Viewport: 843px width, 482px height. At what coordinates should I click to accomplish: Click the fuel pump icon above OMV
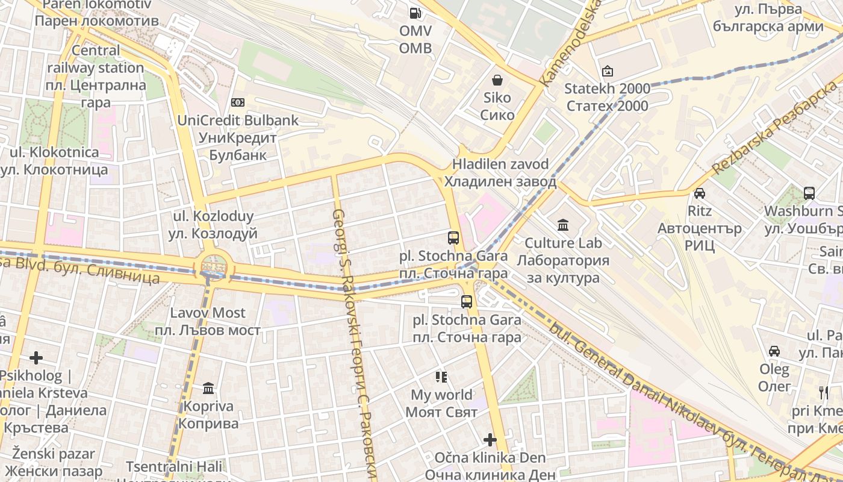[415, 12]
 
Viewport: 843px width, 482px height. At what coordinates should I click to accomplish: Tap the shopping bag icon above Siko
[497, 80]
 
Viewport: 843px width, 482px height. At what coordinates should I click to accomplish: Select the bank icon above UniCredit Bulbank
[238, 102]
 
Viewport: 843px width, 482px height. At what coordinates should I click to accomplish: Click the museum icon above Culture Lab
[563, 225]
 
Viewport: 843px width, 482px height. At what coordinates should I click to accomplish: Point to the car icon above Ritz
[700, 193]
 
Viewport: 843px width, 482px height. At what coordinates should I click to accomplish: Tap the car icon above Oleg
[774, 351]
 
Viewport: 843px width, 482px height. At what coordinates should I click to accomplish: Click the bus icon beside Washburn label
[809, 193]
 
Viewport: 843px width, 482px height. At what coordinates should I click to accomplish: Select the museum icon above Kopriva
[208, 388]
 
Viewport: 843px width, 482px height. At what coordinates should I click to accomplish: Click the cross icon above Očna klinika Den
[490, 440]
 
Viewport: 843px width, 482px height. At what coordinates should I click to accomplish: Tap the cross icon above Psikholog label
[36, 358]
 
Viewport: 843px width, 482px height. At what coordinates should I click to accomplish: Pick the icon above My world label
[441, 377]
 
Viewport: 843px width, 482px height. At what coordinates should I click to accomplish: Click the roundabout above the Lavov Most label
[213, 264]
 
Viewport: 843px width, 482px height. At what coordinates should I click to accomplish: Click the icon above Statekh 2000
[607, 71]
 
